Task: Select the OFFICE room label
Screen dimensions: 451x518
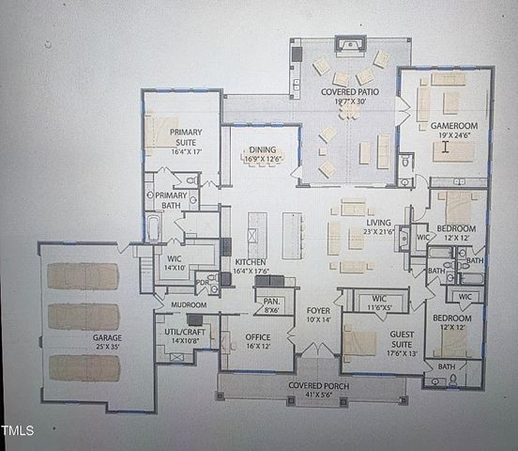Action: click(259, 340)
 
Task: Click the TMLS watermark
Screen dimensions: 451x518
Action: click(17, 431)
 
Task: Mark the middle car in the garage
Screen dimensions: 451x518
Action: click(84, 317)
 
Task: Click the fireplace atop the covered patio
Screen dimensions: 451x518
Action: click(350, 43)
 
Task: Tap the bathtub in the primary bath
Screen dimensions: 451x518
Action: click(153, 226)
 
